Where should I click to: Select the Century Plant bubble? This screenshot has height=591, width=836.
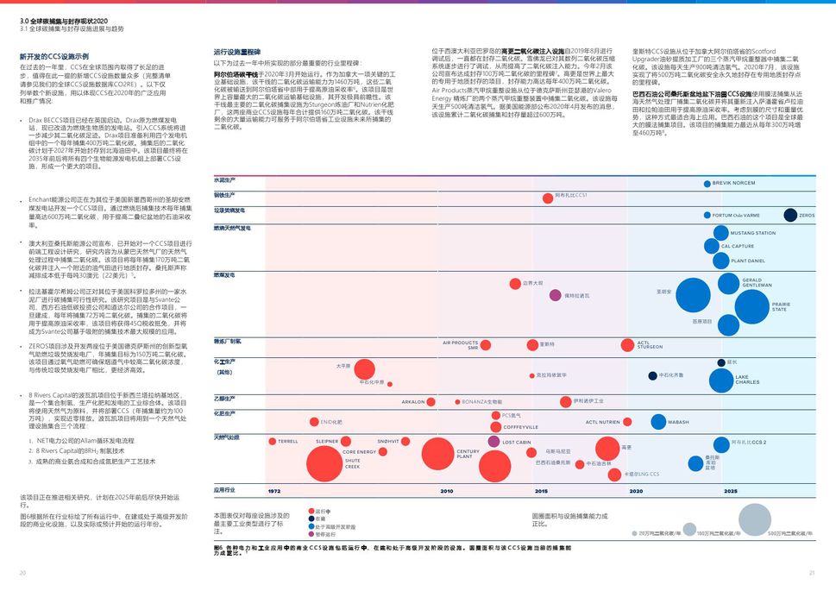click(437, 453)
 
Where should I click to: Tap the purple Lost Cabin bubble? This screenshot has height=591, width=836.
click(493, 442)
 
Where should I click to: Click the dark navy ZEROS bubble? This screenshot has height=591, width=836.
click(790, 215)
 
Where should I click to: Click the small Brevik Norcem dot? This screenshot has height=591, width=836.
click(707, 184)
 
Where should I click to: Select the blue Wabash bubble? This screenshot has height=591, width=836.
click(658, 422)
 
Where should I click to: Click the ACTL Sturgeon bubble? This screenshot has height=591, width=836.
click(631, 345)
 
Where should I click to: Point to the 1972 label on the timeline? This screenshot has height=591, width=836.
click(273, 491)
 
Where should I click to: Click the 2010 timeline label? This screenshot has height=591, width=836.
click(446, 491)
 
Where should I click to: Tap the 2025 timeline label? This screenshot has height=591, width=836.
click(730, 491)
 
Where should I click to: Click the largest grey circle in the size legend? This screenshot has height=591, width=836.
click(754, 519)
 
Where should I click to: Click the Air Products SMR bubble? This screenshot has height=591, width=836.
click(486, 345)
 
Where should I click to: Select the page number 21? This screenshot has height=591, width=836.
click(812, 573)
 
